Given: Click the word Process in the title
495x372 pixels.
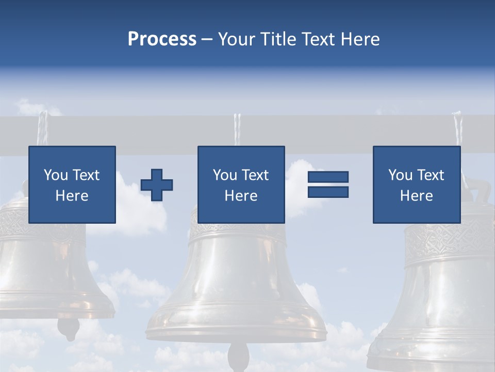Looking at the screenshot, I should tap(162, 39).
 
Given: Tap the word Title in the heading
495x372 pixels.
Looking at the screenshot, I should tap(276, 39).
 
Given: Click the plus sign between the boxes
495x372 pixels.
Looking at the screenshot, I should tap(157, 184).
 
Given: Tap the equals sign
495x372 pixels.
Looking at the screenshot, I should tap(328, 184).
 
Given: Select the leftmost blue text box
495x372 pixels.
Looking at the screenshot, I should tap(72, 184).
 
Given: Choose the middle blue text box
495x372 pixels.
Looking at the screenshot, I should tap(241, 184).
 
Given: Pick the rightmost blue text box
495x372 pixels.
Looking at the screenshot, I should tap(417, 184).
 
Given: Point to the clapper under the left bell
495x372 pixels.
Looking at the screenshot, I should tap(68, 326).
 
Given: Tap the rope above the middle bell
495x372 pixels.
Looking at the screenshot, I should tap(237, 129).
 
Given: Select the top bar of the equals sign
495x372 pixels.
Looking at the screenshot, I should tap(328, 177).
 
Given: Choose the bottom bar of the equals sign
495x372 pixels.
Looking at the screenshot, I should tap(328, 192).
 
